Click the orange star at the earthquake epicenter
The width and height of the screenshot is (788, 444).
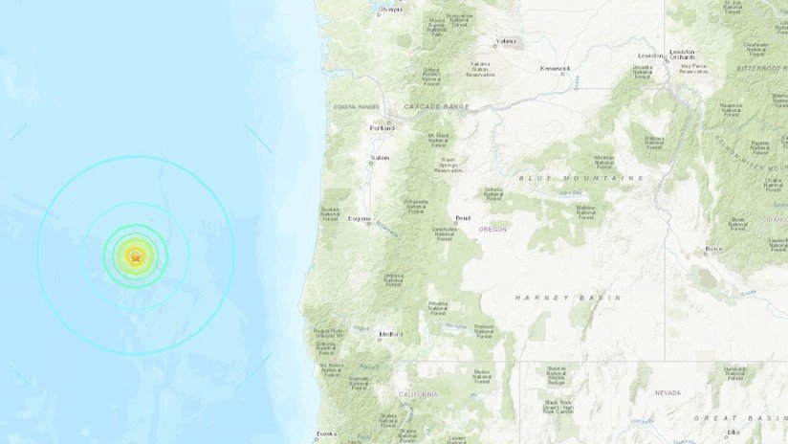136,255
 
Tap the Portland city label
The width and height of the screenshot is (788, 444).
383,127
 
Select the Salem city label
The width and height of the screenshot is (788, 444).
381,159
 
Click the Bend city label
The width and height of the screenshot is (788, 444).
463,217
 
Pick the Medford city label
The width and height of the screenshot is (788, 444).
391,334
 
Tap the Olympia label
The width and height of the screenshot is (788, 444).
390,10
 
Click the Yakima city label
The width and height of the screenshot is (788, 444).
506,41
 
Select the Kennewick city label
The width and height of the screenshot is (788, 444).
555,68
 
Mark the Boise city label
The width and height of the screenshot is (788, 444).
713,249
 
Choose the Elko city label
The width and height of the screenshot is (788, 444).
733,432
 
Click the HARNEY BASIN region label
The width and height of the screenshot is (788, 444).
569,298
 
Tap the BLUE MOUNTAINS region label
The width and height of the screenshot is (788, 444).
580,178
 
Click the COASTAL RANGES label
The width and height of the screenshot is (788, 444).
356,106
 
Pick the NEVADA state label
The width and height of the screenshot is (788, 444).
668,392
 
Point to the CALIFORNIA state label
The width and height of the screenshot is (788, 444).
418,394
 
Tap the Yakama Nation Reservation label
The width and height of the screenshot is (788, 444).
480,69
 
